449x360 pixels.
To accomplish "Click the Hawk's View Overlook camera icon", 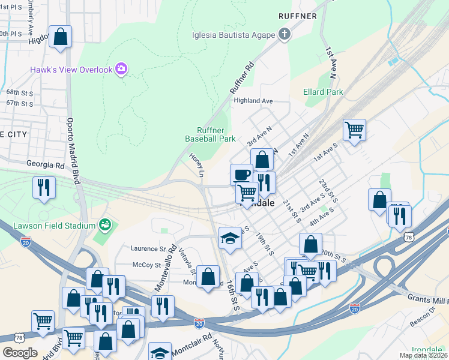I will click(x=121, y=70).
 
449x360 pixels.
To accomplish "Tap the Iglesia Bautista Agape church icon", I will click(x=285, y=34).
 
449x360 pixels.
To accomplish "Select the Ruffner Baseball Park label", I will click(x=210, y=134).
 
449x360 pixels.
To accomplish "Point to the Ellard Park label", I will click(x=324, y=92).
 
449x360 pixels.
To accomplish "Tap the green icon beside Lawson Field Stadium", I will click(x=106, y=225).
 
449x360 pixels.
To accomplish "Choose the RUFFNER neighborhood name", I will click(x=297, y=16).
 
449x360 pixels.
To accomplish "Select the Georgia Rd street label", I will click(x=45, y=163).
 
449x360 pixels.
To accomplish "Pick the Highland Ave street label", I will click(x=253, y=101).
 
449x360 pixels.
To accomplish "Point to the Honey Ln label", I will click(x=197, y=164).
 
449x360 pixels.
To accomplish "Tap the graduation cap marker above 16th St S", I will click(x=229, y=238).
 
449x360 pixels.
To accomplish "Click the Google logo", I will click(x=20, y=353).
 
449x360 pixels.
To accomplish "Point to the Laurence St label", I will click(x=148, y=248).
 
